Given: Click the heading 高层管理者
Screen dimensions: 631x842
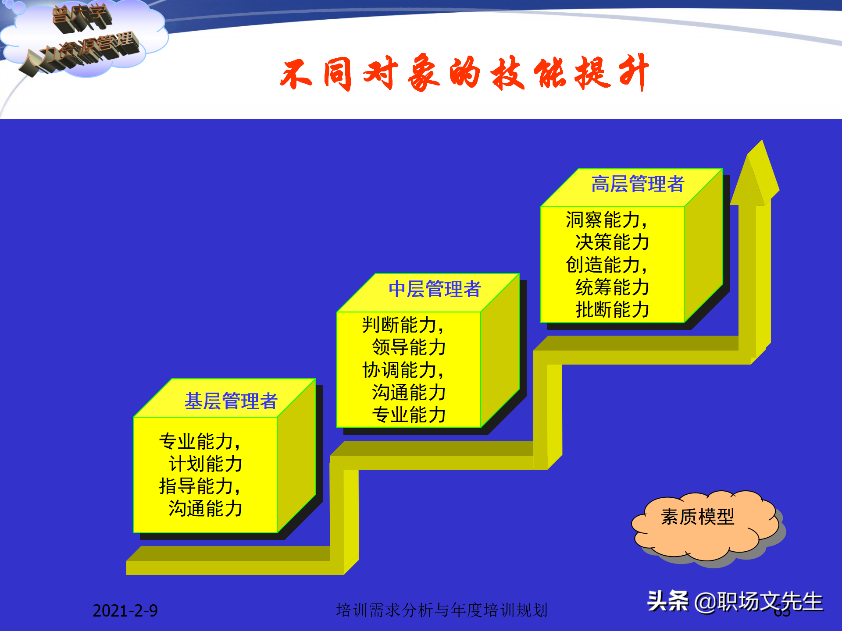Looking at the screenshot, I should point(637,184).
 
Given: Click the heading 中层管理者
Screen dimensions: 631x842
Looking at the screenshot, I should point(435,289).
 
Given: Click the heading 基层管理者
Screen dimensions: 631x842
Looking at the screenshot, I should point(231,401).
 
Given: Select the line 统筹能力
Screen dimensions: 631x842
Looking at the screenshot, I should point(612,287).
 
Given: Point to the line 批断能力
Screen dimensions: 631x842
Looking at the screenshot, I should point(612,310).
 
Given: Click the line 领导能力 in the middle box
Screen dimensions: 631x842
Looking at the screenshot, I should point(409,347).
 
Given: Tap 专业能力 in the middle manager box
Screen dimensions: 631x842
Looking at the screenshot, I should point(409,415).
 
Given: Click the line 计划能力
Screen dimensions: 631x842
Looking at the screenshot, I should point(205,464).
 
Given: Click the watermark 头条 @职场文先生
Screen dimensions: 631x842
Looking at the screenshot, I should point(735,601).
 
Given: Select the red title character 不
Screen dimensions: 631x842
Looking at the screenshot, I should point(296,74).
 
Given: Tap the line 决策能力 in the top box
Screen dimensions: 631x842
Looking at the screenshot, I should point(612,242).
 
